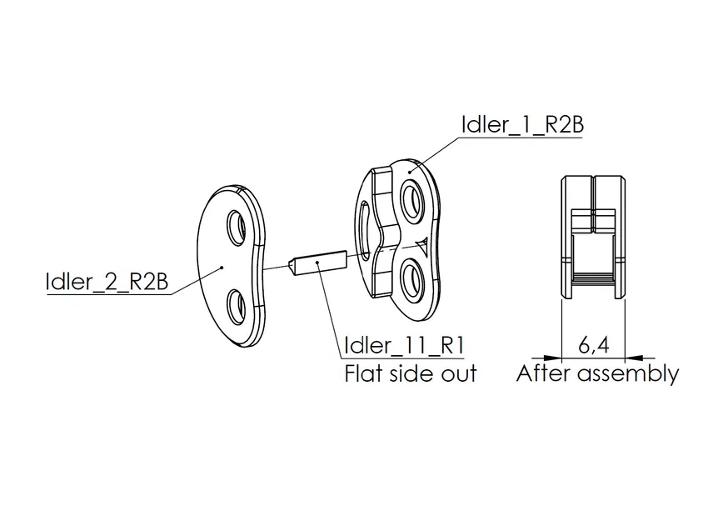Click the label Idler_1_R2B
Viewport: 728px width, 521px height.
522,124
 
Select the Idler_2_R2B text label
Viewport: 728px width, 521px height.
107,282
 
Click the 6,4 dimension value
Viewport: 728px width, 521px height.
593,344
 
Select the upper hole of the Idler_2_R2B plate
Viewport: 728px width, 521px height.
237,228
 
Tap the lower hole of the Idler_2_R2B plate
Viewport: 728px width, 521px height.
236,306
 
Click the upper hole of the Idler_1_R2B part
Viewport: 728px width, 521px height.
411,201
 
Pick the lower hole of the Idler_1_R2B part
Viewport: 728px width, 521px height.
411,278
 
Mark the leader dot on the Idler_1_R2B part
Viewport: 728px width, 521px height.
410,171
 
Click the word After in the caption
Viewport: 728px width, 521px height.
543,373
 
